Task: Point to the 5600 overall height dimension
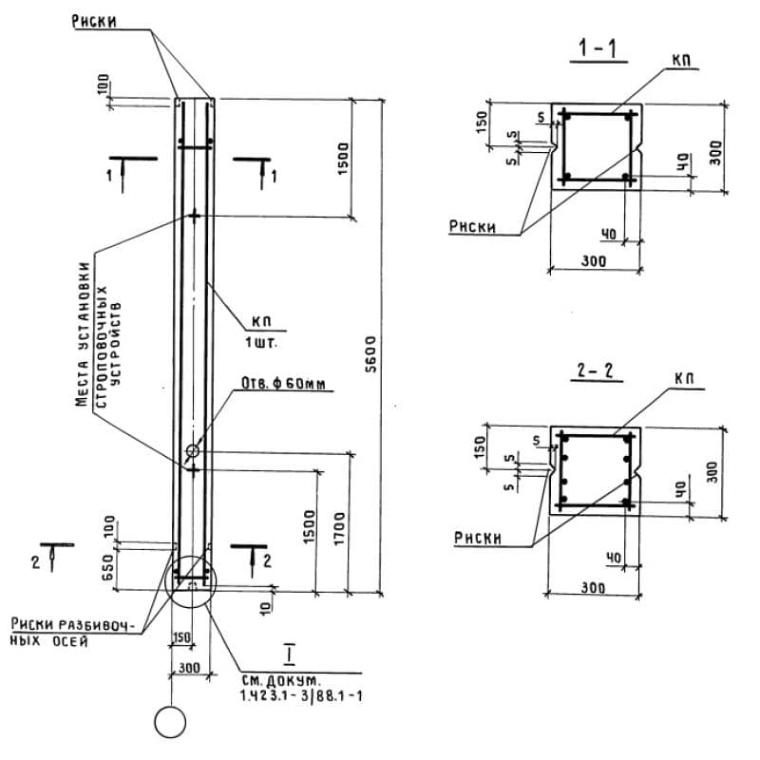(371, 353)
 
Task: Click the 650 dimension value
(108, 568)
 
